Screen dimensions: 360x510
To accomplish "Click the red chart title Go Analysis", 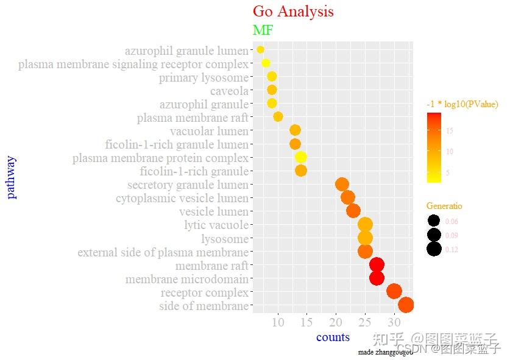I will click(x=293, y=12).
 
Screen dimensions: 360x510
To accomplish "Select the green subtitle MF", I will click(x=263, y=30).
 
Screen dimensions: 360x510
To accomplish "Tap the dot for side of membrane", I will click(x=406, y=305).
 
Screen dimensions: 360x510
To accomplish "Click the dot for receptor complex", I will click(x=394, y=291).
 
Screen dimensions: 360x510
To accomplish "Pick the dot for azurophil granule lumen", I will click(x=260, y=49).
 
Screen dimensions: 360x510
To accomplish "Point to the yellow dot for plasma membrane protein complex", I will click(x=301, y=157).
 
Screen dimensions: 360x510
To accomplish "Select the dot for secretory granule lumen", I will click(x=342, y=184).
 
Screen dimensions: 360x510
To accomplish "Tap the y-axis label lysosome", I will click(x=225, y=239).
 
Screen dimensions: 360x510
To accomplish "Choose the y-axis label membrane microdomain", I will click(x=187, y=279).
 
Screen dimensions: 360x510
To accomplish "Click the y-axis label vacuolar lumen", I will click(x=209, y=131).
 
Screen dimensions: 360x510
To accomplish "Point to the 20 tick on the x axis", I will click(x=336, y=322).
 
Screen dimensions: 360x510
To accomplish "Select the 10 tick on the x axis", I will click(x=278, y=322).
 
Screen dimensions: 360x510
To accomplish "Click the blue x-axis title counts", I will click(x=333, y=337).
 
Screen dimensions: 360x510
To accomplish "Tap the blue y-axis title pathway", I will click(x=11, y=177).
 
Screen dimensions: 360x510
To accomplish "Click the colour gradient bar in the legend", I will click(x=434, y=147).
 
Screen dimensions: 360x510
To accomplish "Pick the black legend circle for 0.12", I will click(x=434, y=249).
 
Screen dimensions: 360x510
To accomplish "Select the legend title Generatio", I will click(x=444, y=206).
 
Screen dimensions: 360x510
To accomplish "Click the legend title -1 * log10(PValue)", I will click(x=462, y=104).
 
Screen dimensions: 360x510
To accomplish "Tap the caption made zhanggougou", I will click(x=385, y=352).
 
